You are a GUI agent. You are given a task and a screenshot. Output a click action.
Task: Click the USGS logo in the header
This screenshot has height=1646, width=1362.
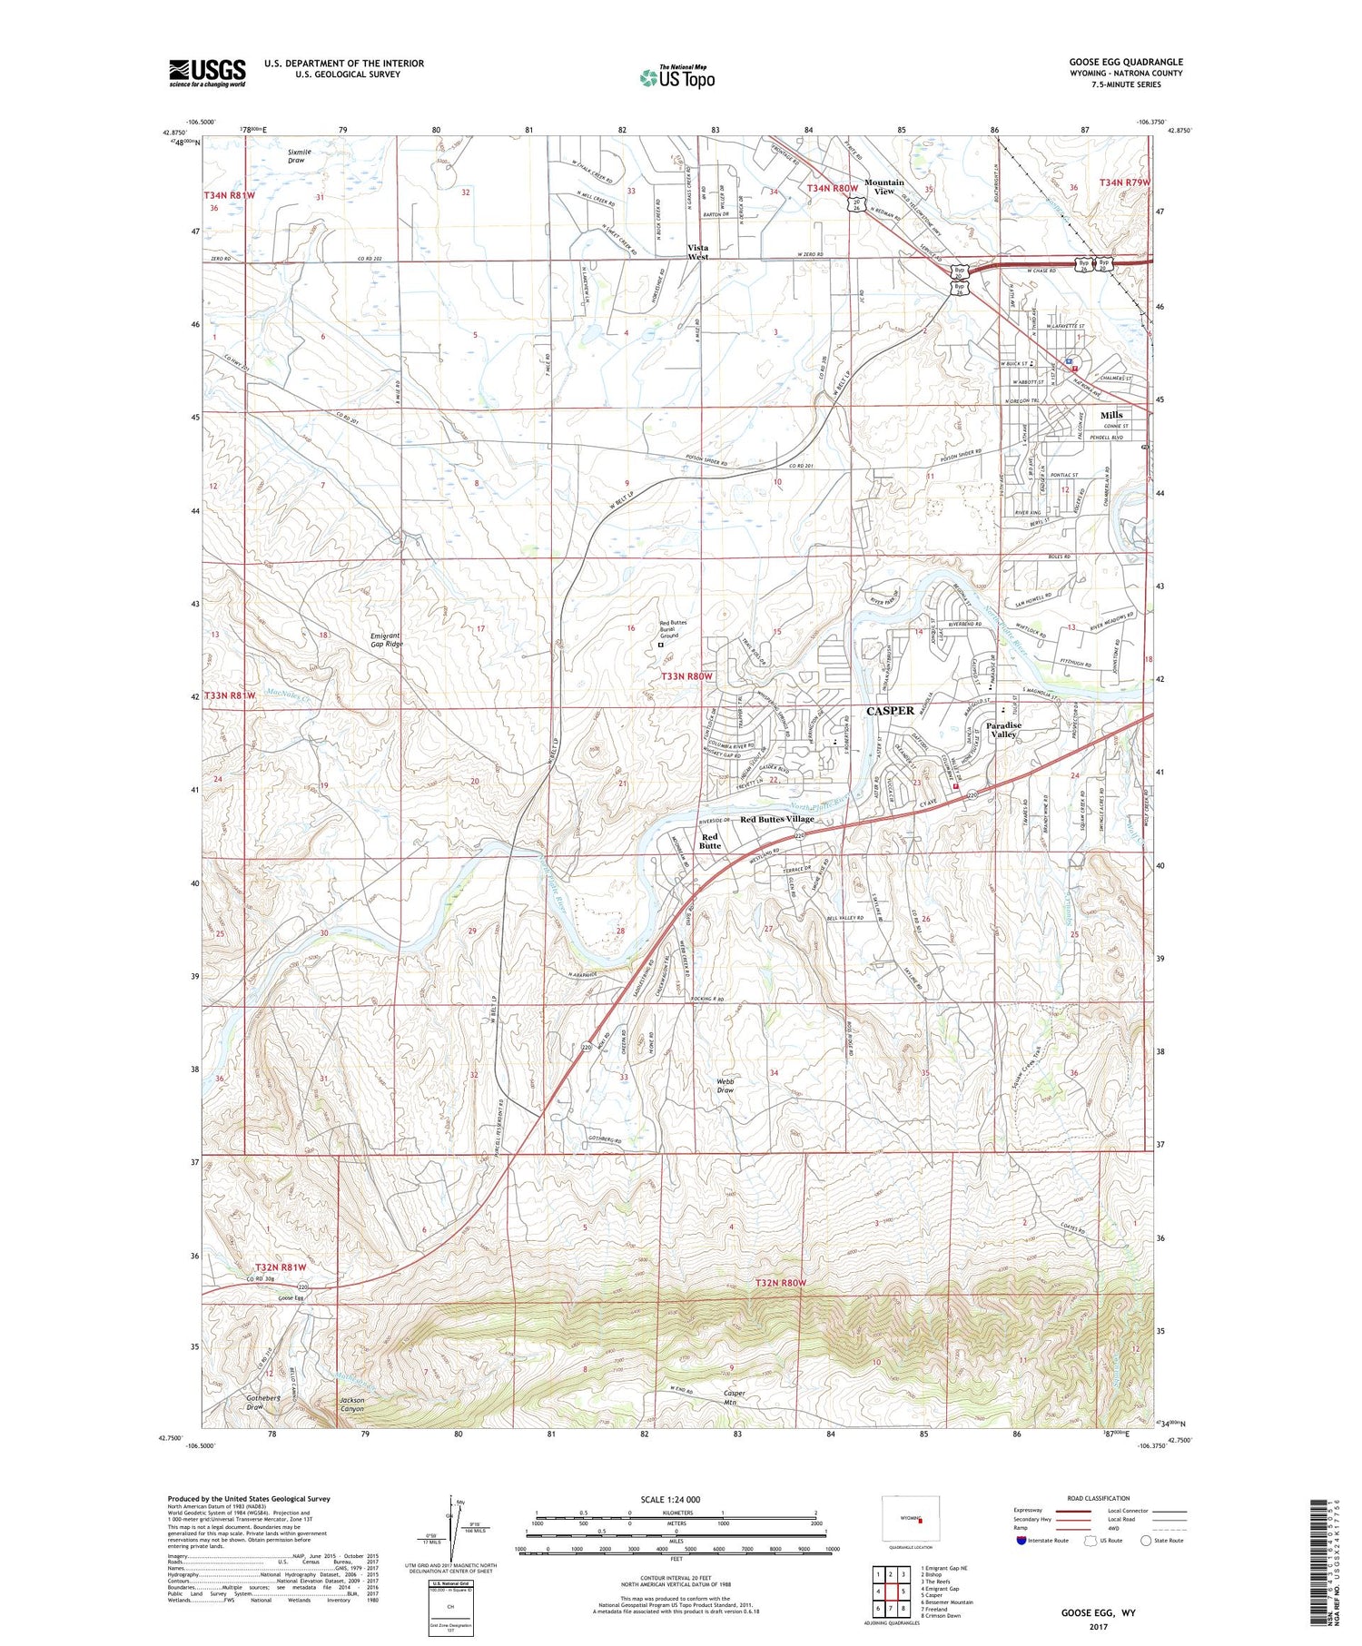207,73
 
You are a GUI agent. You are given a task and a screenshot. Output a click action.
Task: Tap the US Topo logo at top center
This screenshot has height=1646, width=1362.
677,77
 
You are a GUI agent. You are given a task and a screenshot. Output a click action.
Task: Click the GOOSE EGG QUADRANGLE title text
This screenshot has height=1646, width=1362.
1125,63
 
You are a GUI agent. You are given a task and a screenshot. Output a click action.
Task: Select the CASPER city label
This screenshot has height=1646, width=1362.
890,711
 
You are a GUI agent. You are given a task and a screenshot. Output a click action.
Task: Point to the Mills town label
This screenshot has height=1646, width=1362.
1111,415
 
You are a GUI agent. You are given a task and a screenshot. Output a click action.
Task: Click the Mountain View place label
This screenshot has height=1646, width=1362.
883,187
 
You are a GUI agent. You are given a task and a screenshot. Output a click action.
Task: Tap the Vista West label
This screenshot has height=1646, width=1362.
697,251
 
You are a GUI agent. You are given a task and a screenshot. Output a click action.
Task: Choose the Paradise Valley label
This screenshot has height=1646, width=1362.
1004,729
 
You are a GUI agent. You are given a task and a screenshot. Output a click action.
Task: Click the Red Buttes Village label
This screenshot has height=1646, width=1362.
777,819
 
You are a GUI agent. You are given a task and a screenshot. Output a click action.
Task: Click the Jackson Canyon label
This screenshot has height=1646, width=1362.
351,1405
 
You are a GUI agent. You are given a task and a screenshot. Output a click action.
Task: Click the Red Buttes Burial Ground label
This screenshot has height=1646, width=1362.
673,628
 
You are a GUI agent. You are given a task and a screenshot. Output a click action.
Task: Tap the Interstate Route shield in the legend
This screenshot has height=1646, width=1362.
1021,1541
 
